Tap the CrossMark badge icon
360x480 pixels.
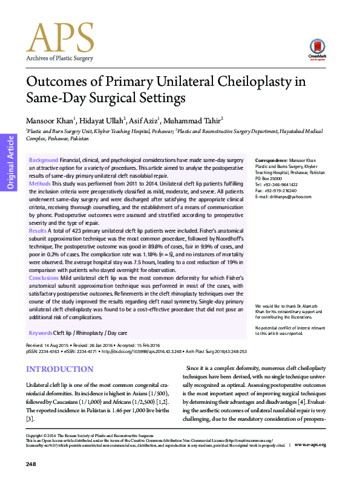315,48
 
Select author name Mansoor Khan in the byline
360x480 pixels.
50,119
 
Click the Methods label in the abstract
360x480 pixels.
39,183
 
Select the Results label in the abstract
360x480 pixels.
38,230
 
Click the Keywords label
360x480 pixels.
41,333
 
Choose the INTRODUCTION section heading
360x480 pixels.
59,369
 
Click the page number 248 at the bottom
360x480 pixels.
31,464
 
